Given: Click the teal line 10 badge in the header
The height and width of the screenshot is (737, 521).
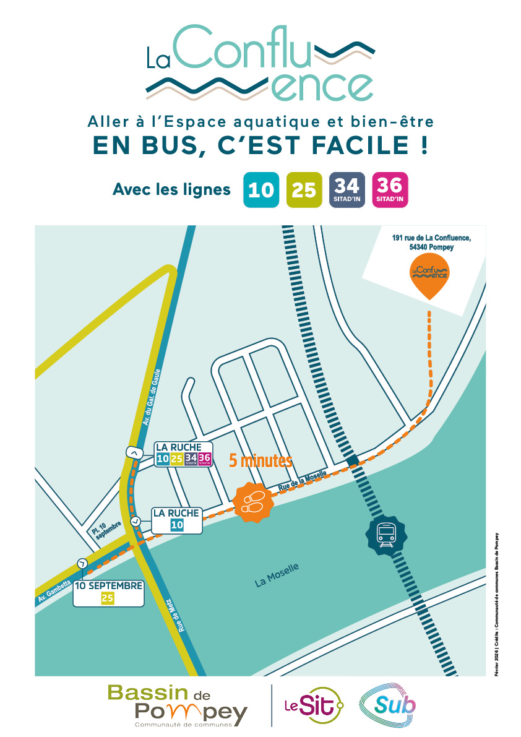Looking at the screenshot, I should click(260, 189).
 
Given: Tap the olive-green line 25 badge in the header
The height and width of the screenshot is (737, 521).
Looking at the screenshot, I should click(304, 189).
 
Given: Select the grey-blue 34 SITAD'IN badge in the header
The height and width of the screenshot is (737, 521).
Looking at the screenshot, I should click(347, 189).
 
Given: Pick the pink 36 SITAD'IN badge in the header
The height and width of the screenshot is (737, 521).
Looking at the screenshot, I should click(390, 189).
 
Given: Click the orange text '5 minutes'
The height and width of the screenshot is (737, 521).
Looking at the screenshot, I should click(260, 461).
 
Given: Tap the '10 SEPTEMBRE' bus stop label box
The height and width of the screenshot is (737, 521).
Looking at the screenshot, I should click(109, 592).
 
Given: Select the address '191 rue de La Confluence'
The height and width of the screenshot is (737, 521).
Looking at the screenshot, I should click(431, 241).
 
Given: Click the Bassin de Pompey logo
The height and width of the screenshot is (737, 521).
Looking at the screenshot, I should click(177, 705).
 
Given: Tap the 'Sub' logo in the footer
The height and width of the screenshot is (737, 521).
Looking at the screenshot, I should click(389, 705).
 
